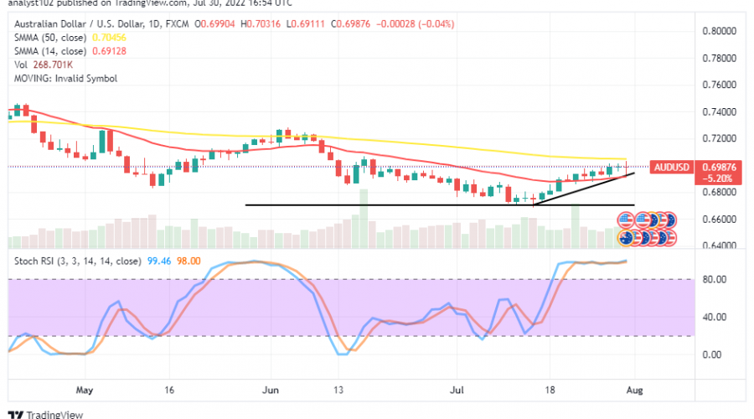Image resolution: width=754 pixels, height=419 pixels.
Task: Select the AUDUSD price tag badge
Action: click(x=672, y=167)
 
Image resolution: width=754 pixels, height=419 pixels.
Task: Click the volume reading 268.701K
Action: click(x=54, y=65)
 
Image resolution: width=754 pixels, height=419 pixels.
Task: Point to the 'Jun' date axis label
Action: click(x=270, y=390)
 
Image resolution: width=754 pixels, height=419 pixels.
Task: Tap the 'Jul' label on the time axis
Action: click(x=457, y=390)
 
